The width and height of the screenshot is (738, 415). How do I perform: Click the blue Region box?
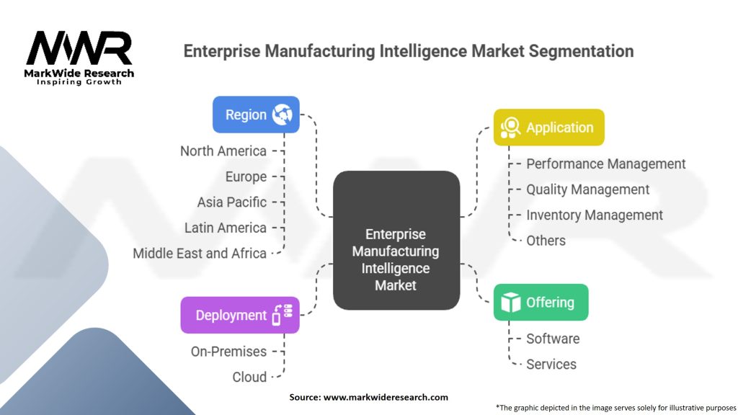(x=256, y=115)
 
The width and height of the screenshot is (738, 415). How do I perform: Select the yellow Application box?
(x=548, y=127)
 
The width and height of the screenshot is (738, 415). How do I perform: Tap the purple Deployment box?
(x=240, y=315)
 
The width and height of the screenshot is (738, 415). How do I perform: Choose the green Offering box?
(x=541, y=302)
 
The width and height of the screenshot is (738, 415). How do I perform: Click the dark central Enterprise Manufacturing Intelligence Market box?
(x=396, y=240)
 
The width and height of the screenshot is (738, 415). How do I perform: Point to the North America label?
(x=223, y=151)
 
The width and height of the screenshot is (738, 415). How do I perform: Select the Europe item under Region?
(x=246, y=177)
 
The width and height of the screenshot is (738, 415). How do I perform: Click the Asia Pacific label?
(x=231, y=202)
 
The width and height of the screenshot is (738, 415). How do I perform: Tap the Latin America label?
(x=226, y=228)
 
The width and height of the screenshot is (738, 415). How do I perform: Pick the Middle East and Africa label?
(x=200, y=253)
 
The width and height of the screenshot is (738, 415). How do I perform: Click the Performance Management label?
(x=605, y=164)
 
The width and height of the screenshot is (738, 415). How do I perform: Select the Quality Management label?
(x=588, y=189)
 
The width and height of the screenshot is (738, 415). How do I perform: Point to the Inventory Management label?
(x=595, y=215)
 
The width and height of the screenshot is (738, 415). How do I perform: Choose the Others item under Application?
(x=546, y=241)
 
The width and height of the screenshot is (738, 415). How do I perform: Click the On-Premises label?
(x=228, y=352)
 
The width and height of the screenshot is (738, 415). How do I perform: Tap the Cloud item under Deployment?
(x=249, y=377)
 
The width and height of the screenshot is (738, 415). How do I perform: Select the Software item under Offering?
(x=553, y=339)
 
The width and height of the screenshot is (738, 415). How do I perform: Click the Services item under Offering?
(x=551, y=364)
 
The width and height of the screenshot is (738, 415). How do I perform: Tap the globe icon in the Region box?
(x=282, y=115)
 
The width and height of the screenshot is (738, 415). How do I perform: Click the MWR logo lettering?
(x=79, y=48)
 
